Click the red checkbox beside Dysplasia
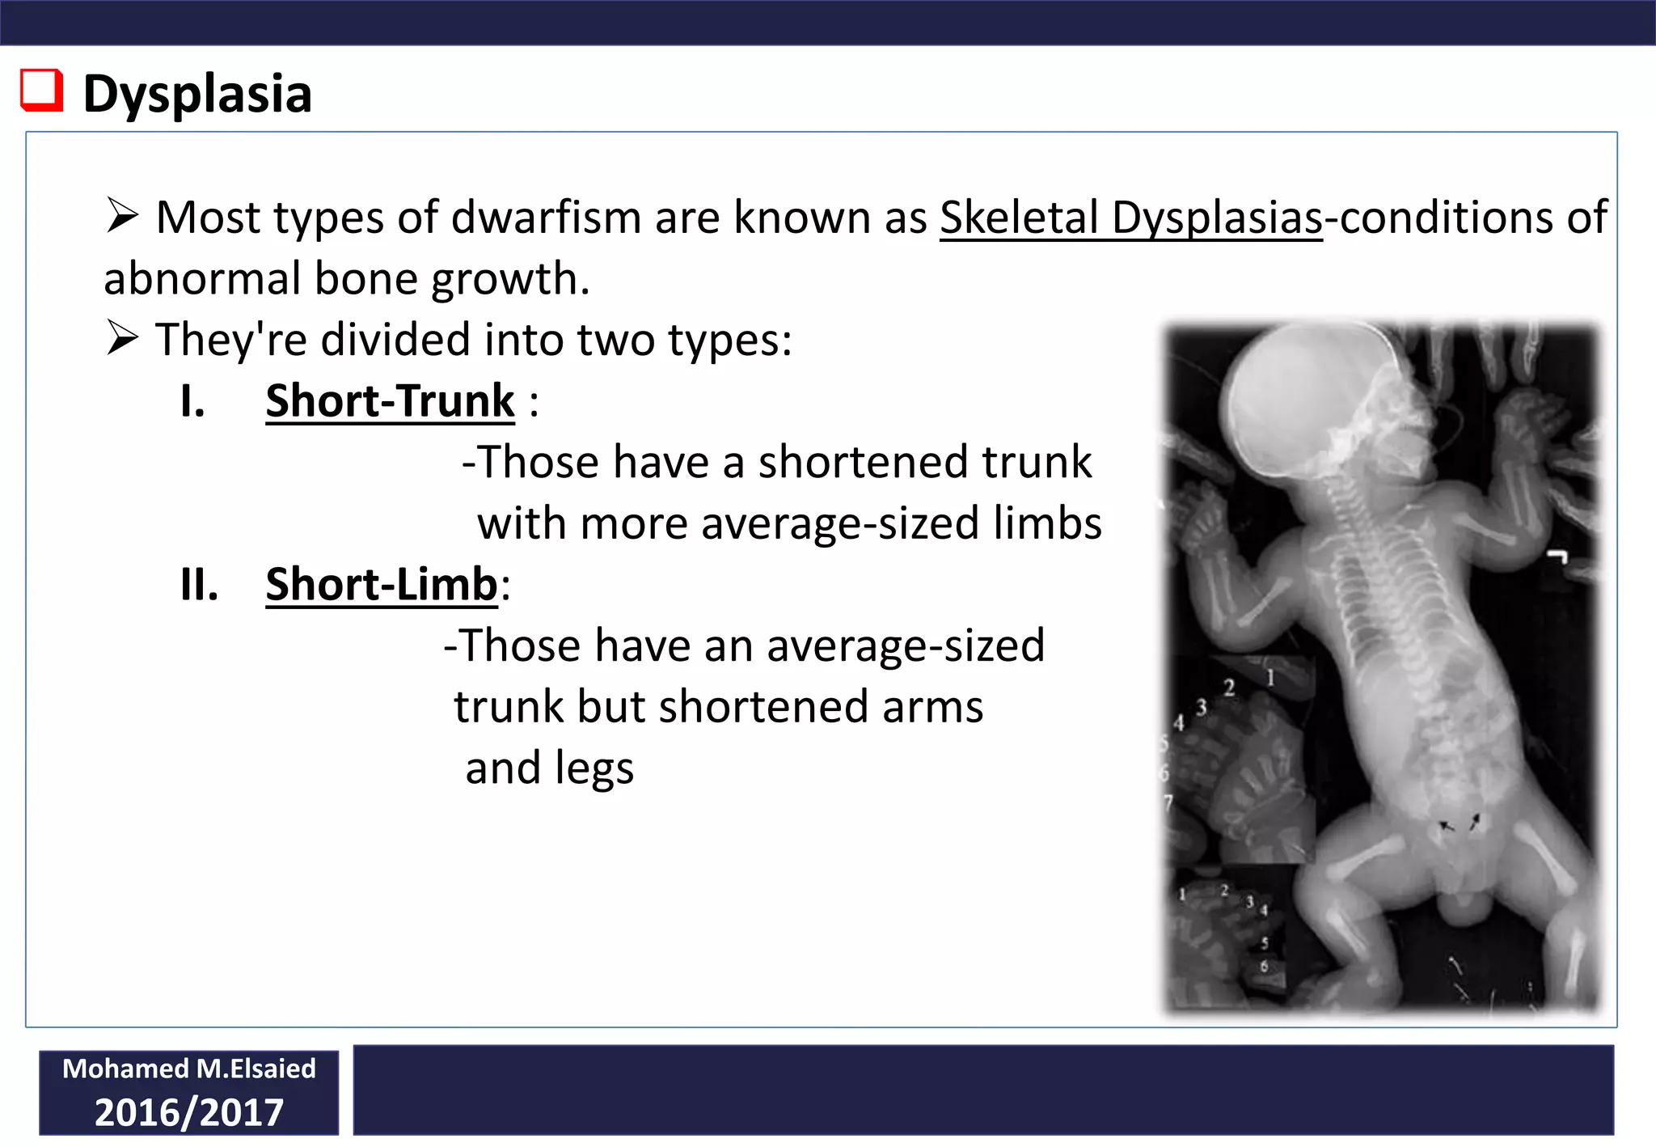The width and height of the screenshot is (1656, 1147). (41, 90)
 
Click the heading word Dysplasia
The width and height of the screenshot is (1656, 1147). (197, 94)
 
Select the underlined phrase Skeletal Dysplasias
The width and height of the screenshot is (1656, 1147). (1130, 218)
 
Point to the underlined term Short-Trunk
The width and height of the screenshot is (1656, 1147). (390, 401)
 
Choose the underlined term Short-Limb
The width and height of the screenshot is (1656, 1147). (382, 584)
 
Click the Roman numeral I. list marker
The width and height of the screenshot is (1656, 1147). (192, 401)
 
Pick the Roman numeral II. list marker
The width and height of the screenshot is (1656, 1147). (199, 584)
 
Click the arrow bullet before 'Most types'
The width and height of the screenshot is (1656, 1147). (123, 216)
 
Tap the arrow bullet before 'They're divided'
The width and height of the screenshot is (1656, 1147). (123, 338)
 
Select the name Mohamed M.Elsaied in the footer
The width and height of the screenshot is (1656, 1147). (189, 1069)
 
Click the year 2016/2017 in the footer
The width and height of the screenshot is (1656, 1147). (189, 1112)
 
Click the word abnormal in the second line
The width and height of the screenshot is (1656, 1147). (202, 278)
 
